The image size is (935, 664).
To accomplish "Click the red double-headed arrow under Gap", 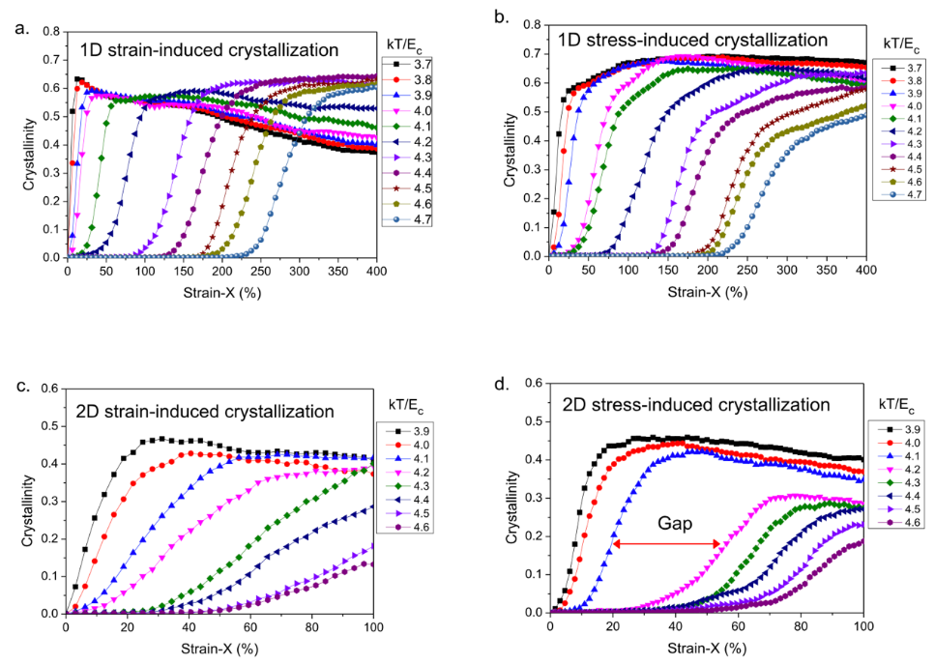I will tap(667, 545).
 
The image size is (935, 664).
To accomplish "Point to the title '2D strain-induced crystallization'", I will tap(204, 412).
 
